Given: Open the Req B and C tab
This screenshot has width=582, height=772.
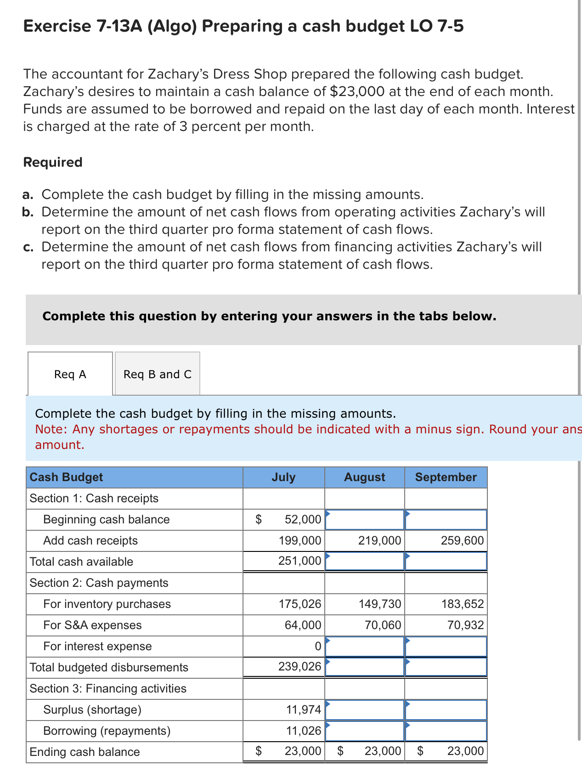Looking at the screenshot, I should click(x=157, y=374).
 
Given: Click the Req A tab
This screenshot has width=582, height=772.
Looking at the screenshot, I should click(x=70, y=374).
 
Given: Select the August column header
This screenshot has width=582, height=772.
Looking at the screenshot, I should click(x=364, y=477).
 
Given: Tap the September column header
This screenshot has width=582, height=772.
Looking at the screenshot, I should click(x=446, y=477).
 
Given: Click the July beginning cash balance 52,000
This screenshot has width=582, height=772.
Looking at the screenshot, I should click(x=302, y=519).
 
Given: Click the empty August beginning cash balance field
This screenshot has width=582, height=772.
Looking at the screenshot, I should click(x=364, y=519).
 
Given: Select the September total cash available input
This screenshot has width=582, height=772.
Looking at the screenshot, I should click(x=446, y=561).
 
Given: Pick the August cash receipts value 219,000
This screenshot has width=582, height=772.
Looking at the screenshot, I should click(x=379, y=540).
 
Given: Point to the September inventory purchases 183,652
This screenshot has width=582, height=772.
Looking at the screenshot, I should click(x=462, y=604).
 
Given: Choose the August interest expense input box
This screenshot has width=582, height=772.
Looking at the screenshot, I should click(x=364, y=646).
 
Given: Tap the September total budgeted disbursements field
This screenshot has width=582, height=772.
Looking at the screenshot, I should click(x=446, y=667).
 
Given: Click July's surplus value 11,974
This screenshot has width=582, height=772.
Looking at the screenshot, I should click(x=303, y=710).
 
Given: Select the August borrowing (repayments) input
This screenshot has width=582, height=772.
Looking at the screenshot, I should click(x=364, y=731).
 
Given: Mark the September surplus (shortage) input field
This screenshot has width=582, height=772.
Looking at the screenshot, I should click(x=446, y=710).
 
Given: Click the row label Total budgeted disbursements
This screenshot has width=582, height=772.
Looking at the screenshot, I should click(x=109, y=667).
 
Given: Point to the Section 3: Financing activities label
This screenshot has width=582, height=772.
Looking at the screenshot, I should click(x=108, y=688).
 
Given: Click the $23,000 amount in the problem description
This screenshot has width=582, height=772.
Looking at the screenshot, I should click(x=357, y=91).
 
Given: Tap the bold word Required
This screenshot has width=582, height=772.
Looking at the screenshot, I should click(x=53, y=162).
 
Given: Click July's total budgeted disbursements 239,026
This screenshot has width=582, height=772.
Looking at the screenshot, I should click(x=299, y=666).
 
